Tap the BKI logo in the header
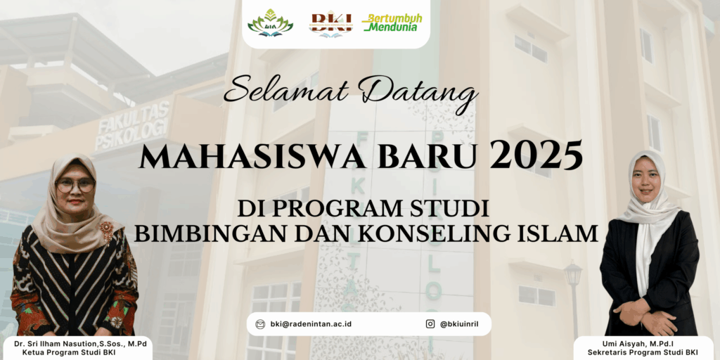(x=330, y=25)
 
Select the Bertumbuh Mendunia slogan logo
(x=392, y=22)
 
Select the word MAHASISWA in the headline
(x=252, y=157)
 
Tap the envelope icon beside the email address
(x=260, y=324)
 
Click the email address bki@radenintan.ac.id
(x=311, y=324)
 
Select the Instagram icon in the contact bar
(x=430, y=324)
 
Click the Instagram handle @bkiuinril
(x=459, y=324)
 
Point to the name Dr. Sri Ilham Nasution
(x=56, y=344)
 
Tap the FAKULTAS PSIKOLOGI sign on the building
(x=133, y=126)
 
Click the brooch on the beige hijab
(x=107, y=232)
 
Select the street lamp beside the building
(x=573, y=298)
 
